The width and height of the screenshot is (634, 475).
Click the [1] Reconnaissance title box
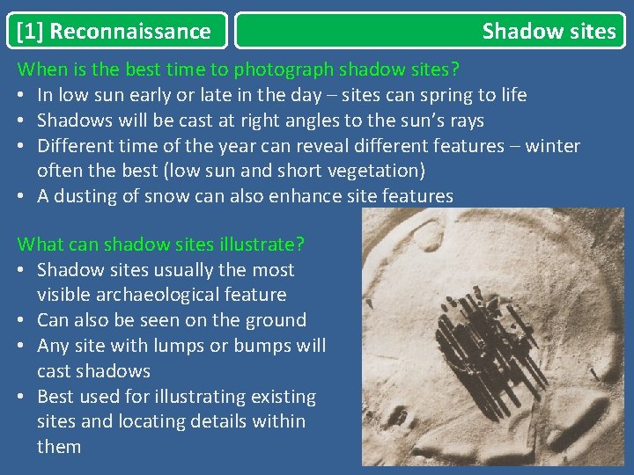coord(115,32)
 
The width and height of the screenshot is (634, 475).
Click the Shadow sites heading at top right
coord(549,32)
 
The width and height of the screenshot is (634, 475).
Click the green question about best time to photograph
coord(238,69)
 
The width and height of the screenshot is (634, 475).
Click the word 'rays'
coord(463,121)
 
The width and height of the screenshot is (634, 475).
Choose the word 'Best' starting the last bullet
coord(56,397)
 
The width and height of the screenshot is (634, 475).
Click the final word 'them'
coord(59,447)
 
